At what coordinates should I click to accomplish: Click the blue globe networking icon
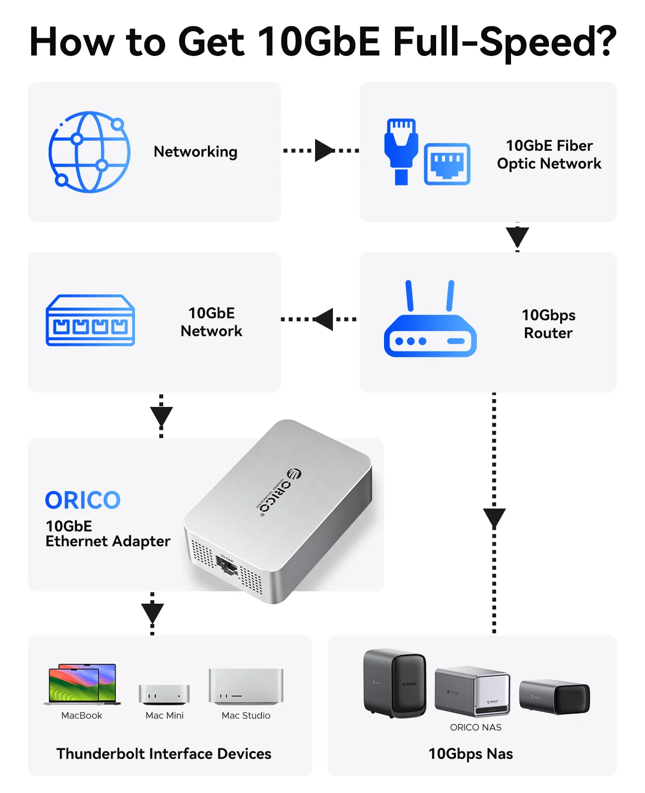pyautogui.click(x=89, y=152)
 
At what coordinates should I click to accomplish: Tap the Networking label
pyautogui.click(x=195, y=152)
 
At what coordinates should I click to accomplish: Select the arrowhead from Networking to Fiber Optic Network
pyautogui.click(x=324, y=150)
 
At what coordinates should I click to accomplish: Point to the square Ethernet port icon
pyautogui.click(x=447, y=164)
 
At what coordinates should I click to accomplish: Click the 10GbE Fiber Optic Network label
pyautogui.click(x=549, y=155)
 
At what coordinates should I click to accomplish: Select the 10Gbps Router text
pyautogui.click(x=548, y=324)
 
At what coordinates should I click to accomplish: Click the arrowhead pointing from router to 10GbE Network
pyautogui.click(x=324, y=319)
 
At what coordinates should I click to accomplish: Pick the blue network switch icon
pyautogui.click(x=90, y=321)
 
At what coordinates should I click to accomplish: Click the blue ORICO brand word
pyautogui.click(x=83, y=501)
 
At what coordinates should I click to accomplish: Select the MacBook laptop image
pyautogui.click(x=82, y=684)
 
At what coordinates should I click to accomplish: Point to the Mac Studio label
pyautogui.click(x=246, y=716)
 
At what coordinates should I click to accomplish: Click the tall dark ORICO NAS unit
pyautogui.click(x=394, y=683)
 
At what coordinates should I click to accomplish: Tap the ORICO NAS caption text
pyautogui.click(x=475, y=728)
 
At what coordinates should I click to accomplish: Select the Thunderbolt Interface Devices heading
pyautogui.click(x=164, y=754)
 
